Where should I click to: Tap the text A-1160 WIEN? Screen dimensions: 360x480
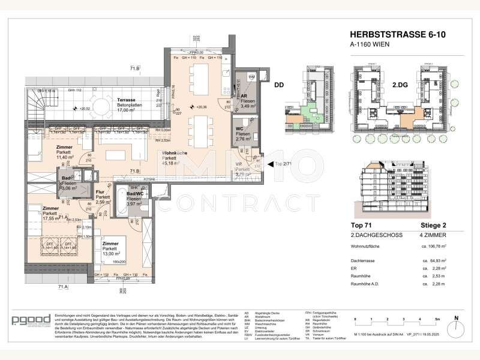367,47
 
